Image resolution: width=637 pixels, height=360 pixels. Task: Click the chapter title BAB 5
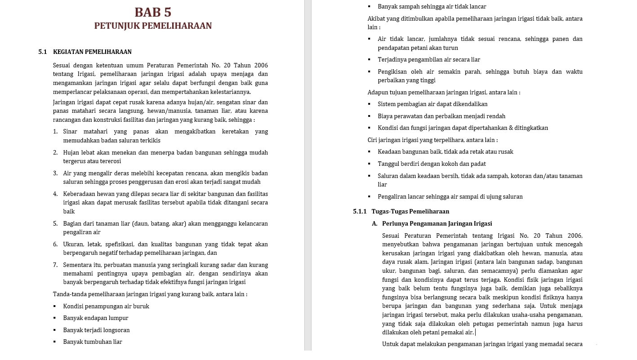[153, 12]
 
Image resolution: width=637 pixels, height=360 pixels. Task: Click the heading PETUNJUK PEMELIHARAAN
[153, 26]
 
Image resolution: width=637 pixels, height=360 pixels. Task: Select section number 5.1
[43, 52]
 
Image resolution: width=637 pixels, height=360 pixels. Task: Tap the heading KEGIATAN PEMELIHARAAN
[92, 52]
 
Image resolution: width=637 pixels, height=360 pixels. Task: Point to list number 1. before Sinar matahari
[55, 132]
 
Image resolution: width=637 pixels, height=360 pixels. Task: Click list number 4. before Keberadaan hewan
[55, 194]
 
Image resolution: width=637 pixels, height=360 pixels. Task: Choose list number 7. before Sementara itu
[55, 265]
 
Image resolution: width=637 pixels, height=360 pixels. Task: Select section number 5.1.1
[360, 212]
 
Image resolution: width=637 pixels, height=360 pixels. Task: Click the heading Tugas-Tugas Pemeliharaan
[410, 212]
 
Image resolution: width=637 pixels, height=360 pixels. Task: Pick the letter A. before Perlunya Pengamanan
[375, 224]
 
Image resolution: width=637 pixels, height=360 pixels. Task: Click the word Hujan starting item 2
[71, 153]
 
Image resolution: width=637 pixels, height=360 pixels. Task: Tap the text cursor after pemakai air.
[476, 333]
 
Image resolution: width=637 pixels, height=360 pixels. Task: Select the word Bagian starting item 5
[72, 224]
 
